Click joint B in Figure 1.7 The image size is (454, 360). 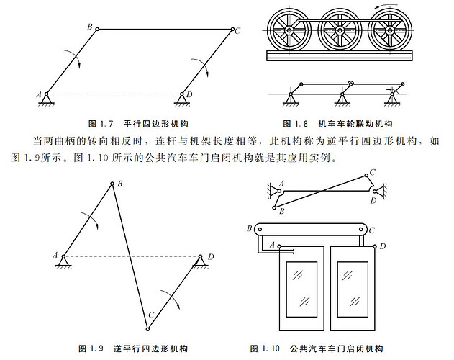tap(96, 29)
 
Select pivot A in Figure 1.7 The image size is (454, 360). tap(46, 94)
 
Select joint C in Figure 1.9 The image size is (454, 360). tap(147, 329)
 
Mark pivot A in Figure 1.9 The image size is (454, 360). tap(64, 256)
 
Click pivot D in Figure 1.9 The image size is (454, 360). tap(199, 256)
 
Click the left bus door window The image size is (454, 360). tap(295, 283)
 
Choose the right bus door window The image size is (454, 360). tap(350, 283)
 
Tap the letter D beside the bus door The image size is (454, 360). tap(383, 247)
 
